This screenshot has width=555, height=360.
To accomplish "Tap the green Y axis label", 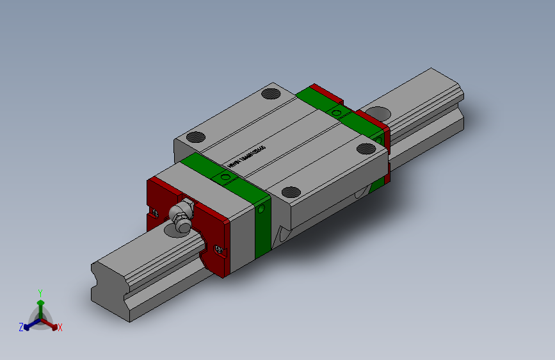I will [x=40, y=291].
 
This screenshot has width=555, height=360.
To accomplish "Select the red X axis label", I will [x=60, y=328].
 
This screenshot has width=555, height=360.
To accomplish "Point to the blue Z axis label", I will [x=21, y=327].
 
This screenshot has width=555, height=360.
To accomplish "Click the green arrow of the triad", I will [x=40, y=303].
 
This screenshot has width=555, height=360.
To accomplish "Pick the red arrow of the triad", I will [x=51, y=323].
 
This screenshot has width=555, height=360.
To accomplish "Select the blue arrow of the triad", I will [x=29, y=323].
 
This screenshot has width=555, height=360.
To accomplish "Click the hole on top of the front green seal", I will [x=225, y=177].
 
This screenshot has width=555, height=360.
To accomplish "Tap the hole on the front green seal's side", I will [x=262, y=209].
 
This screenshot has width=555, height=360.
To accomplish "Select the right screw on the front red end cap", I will [x=220, y=249].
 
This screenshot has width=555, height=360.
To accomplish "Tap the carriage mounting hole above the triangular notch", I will [x=291, y=192].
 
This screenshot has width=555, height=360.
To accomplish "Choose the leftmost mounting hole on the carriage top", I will [x=195, y=136].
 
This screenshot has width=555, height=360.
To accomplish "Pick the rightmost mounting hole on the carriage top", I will [x=366, y=149].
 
